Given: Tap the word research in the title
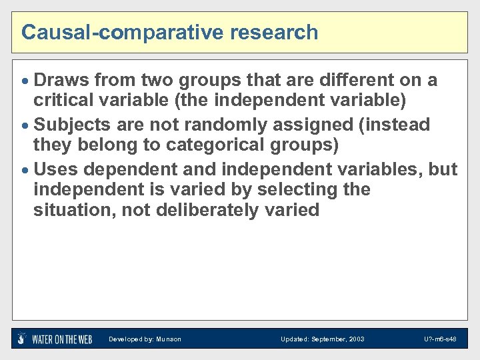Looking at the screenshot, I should [271, 32].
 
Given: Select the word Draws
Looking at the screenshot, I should [61, 81].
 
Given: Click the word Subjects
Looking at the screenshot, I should [72, 125].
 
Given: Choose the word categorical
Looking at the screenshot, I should [201, 145].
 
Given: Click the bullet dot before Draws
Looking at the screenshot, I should [26, 81].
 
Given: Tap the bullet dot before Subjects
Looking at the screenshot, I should [26, 125].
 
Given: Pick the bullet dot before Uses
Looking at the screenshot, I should [26, 169].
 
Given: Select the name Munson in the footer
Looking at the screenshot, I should [169, 339].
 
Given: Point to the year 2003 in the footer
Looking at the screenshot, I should [356, 339].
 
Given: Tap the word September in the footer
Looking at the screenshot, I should [327, 339].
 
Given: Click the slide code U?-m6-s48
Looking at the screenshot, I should [440, 339].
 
